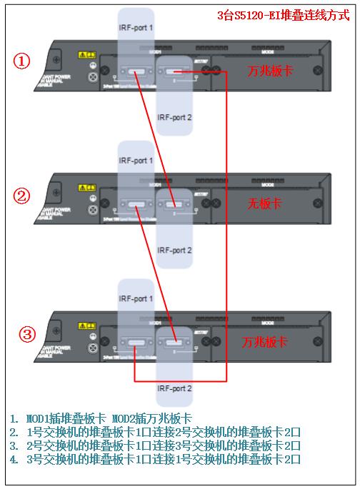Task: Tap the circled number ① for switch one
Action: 23,61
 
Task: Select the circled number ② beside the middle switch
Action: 23,195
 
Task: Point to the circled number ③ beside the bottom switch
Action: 26,333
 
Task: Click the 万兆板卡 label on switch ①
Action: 268,72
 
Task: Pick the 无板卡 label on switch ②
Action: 264,204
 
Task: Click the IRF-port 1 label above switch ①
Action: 136,28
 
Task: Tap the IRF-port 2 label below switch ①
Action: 174,117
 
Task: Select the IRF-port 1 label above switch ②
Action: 136,161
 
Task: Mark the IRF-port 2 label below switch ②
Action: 174,250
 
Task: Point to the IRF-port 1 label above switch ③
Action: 136,298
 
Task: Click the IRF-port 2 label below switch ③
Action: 174,388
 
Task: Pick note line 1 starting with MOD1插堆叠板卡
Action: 101,418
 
